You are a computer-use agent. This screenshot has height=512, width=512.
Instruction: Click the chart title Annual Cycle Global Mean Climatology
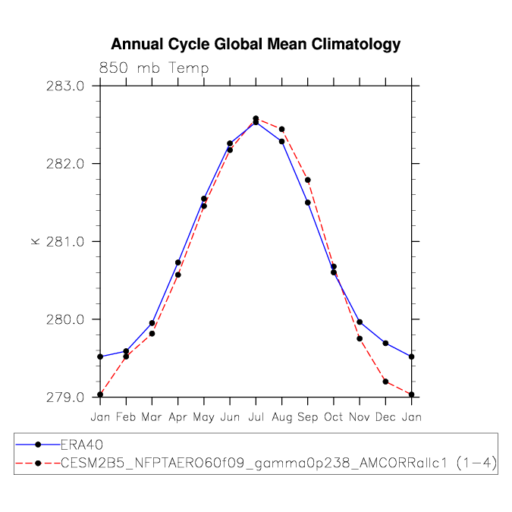pyautogui.click(x=256, y=45)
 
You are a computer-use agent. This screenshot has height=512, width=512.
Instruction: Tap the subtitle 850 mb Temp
pyautogui.click(x=154, y=68)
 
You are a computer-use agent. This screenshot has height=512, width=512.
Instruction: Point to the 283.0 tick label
pyautogui.click(x=65, y=86)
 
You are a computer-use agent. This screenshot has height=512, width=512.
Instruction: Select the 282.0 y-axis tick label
pyautogui.click(x=65, y=164)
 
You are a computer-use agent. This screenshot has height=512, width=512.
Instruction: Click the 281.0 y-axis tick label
pyautogui.click(x=65, y=242)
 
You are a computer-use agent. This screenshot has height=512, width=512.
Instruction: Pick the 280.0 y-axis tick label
pyautogui.click(x=65, y=319)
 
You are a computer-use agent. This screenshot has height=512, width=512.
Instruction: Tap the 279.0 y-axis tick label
pyautogui.click(x=65, y=397)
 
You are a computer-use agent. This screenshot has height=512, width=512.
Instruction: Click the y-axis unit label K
pyautogui.click(x=35, y=241)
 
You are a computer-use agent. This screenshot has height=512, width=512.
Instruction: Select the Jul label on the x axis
pyautogui.click(x=256, y=416)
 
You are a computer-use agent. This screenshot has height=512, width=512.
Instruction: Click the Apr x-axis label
pyautogui.click(x=177, y=416)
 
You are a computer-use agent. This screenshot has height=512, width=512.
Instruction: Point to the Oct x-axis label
pyautogui.click(x=334, y=416)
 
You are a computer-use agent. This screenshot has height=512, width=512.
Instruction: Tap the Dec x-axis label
pyautogui.click(x=386, y=416)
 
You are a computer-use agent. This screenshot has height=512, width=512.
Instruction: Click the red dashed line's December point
pyautogui.click(x=386, y=382)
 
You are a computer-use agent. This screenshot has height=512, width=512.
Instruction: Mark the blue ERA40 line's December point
pyautogui.click(x=386, y=344)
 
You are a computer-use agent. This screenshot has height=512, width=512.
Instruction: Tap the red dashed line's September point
pyautogui.click(x=308, y=180)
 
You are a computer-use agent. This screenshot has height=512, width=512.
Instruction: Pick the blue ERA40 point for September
pyautogui.click(x=308, y=203)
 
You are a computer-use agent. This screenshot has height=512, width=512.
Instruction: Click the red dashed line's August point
pyautogui.click(x=282, y=129)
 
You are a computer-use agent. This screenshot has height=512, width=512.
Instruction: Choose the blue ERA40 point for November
pyautogui.click(x=360, y=322)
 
